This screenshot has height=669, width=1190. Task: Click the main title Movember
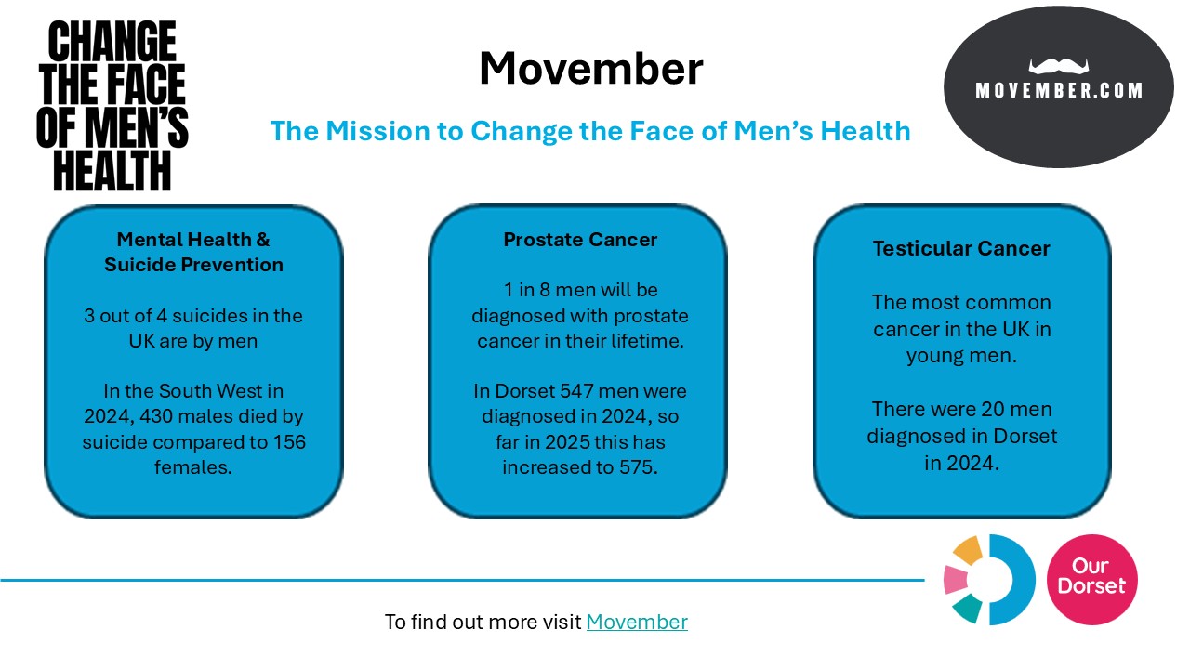tap(590, 69)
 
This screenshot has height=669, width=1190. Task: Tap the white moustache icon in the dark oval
tap(1058, 66)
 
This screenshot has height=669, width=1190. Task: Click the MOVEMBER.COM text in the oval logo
tap(1059, 91)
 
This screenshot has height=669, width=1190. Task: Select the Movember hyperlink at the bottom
tap(637, 622)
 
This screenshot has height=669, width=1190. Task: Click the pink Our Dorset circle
tap(1091, 580)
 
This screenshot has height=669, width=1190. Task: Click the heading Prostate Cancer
tap(580, 240)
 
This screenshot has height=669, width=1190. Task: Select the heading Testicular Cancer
tap(961, 248)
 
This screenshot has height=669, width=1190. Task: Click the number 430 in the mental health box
tap(157, 416)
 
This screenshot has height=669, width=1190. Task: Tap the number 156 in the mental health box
tap(289, 441)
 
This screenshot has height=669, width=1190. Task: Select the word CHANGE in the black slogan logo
tap(112, 41)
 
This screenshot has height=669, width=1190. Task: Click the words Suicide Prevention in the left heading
tap(193, 265)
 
